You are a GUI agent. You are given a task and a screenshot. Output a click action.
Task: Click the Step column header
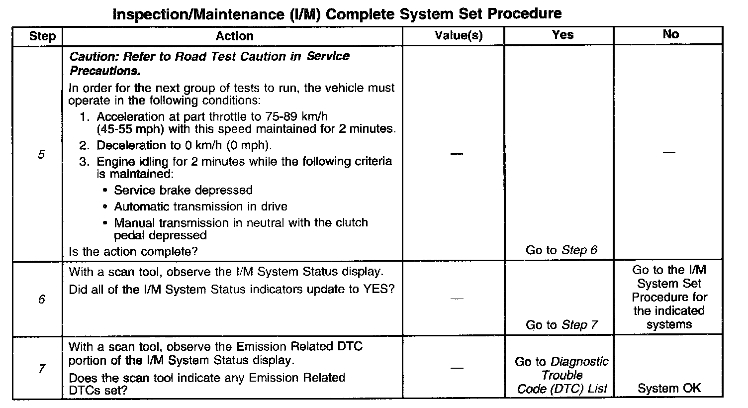(x=42, y=36)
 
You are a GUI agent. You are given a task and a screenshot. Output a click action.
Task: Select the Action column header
(x=234, y=36)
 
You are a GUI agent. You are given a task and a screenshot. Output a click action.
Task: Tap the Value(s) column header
(x=458, y=36)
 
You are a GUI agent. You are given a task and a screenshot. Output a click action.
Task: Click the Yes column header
(x=562, y=35)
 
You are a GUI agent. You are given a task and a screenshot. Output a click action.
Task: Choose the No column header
(x=670, y=34)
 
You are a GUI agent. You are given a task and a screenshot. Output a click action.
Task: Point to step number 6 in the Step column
(x=41, y=300)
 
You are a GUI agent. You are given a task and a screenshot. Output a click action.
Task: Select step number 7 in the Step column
(x=41, y=369)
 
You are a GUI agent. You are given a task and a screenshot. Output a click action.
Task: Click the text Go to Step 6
(x=561, y=250)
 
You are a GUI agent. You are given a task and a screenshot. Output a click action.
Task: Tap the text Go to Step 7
(x=561, y=325)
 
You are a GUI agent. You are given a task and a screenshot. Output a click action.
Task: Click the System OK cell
(x=669, y=389)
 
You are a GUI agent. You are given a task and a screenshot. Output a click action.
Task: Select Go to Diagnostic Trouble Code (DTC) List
(x=562, y=375)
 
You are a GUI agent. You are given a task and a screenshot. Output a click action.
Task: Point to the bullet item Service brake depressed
(x=183, y=191)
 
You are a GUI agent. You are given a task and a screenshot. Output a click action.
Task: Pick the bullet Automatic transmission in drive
(x=200, y=206)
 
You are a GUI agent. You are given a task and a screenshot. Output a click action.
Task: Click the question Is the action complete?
(x=133, y=252)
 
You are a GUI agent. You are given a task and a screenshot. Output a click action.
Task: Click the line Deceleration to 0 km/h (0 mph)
(x=184, y=146)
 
